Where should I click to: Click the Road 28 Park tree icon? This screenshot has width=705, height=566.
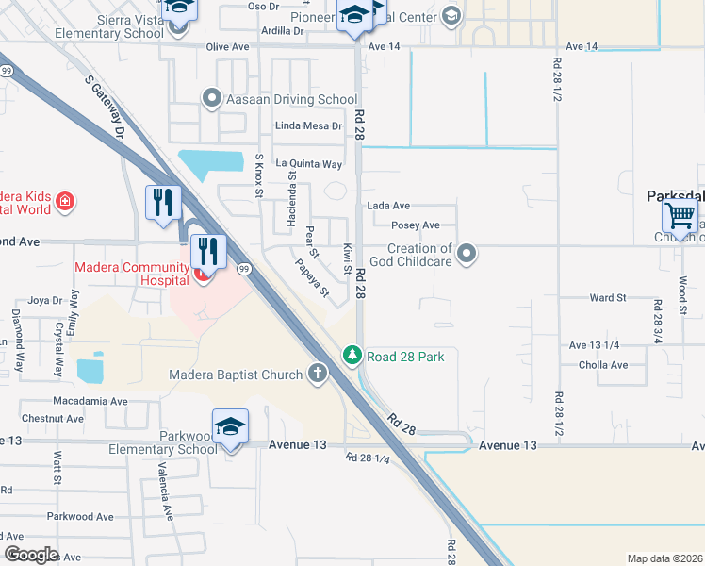pyautogui.click(x=352, y=356)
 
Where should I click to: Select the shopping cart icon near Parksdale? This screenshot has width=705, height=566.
pyautogui.click(x=680, y=216)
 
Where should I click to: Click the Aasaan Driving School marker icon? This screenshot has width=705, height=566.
pyautogui.click(x=211, y=97)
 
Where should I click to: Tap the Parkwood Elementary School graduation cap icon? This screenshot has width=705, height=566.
pyautogui.click(x=231, y=426)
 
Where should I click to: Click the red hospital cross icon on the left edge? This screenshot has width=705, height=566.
pyautogui.click(x=64, y=200)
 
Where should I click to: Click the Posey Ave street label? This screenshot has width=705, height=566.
pyautogui.click(x=416, y=225)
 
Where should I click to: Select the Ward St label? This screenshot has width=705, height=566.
pyautogui.click(x=608, y=298)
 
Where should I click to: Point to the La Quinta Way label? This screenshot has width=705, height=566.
pyautogui.click(x=308, y=163)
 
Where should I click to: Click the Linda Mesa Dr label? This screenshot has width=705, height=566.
pyautogui.click(x=308, y=125)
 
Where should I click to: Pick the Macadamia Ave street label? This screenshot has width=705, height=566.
pyautogui.click(x=90, y=401)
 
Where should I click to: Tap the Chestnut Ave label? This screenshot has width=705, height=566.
pyautogui.click(x=54, y=418)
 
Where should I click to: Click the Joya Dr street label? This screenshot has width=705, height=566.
pyautogui.click(x=44, y=301)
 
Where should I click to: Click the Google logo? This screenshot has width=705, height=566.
pyautogui.click(x=31, y=555)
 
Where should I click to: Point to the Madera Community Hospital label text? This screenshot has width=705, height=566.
pyautogui.click(x=132, y=268)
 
